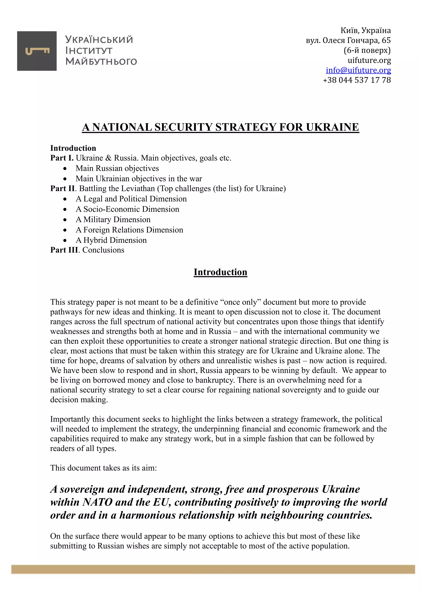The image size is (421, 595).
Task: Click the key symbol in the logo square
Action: click(37, 51)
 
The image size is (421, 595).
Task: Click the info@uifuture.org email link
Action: click(358, 70)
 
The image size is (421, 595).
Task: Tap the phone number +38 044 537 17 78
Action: click(357, 80)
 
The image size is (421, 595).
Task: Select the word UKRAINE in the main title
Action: click(332, 127)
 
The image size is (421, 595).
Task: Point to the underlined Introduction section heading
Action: click(220, 272)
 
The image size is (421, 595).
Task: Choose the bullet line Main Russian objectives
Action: click(117, 168)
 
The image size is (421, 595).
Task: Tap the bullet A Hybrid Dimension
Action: click(111, 240)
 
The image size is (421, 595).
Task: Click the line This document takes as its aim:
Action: click(103, 468)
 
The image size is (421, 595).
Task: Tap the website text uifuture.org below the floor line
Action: click(369, 60)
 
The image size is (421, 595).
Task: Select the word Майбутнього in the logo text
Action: click(101, 61)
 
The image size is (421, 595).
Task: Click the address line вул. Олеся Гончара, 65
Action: click(348, 40)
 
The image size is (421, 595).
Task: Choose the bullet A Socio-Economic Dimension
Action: click(127, 209)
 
